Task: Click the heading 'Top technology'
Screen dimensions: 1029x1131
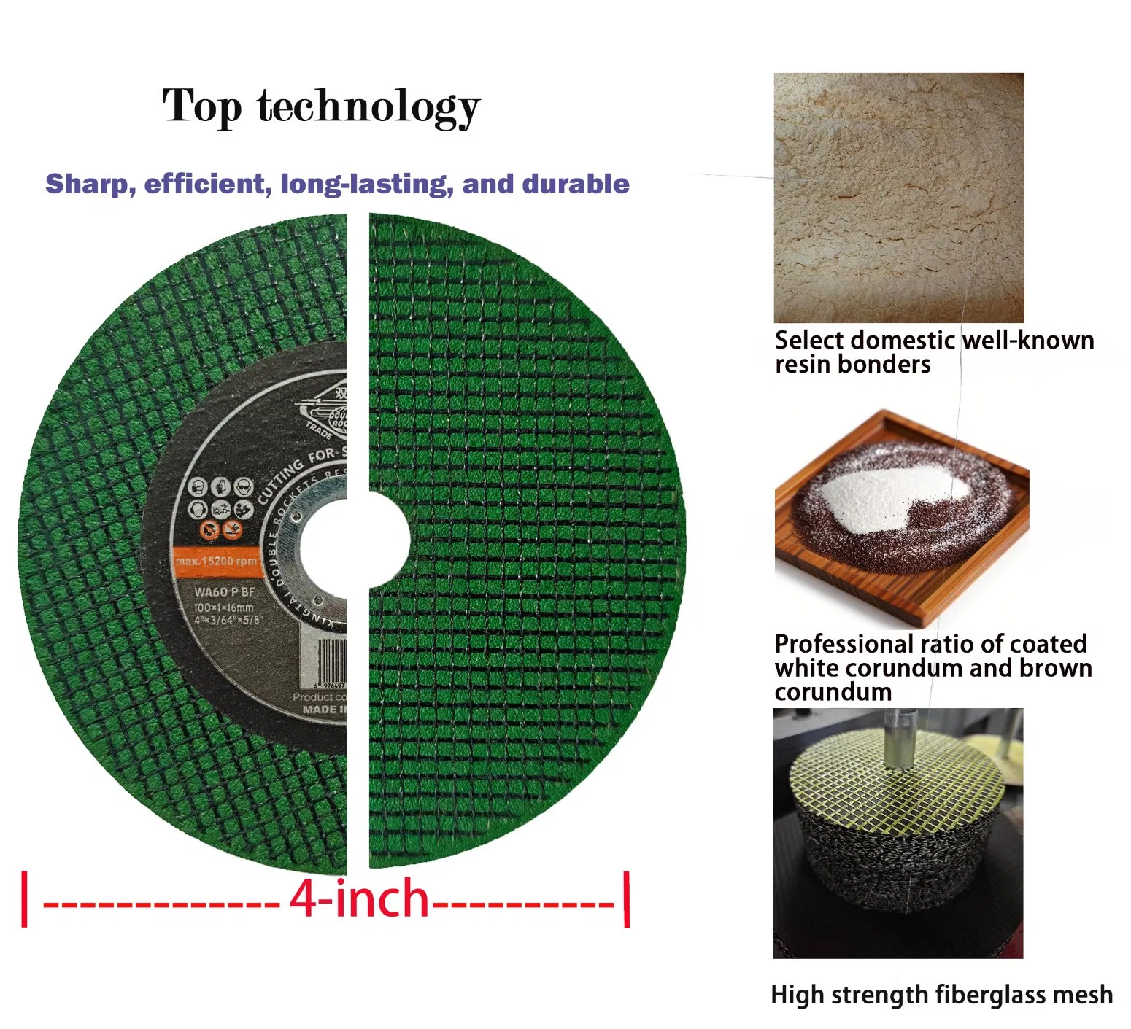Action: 321,106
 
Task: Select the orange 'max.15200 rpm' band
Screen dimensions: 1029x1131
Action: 216,561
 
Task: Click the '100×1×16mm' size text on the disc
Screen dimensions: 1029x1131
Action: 223,607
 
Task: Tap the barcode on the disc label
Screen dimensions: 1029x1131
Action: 333,659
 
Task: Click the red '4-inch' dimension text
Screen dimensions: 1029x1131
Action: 359,898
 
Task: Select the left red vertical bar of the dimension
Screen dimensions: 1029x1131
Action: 25,898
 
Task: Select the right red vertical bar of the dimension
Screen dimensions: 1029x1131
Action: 627,898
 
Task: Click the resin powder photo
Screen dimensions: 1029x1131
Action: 898,197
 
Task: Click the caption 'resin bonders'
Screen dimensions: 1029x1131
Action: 852,364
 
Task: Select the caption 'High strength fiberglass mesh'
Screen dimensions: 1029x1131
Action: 941,995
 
